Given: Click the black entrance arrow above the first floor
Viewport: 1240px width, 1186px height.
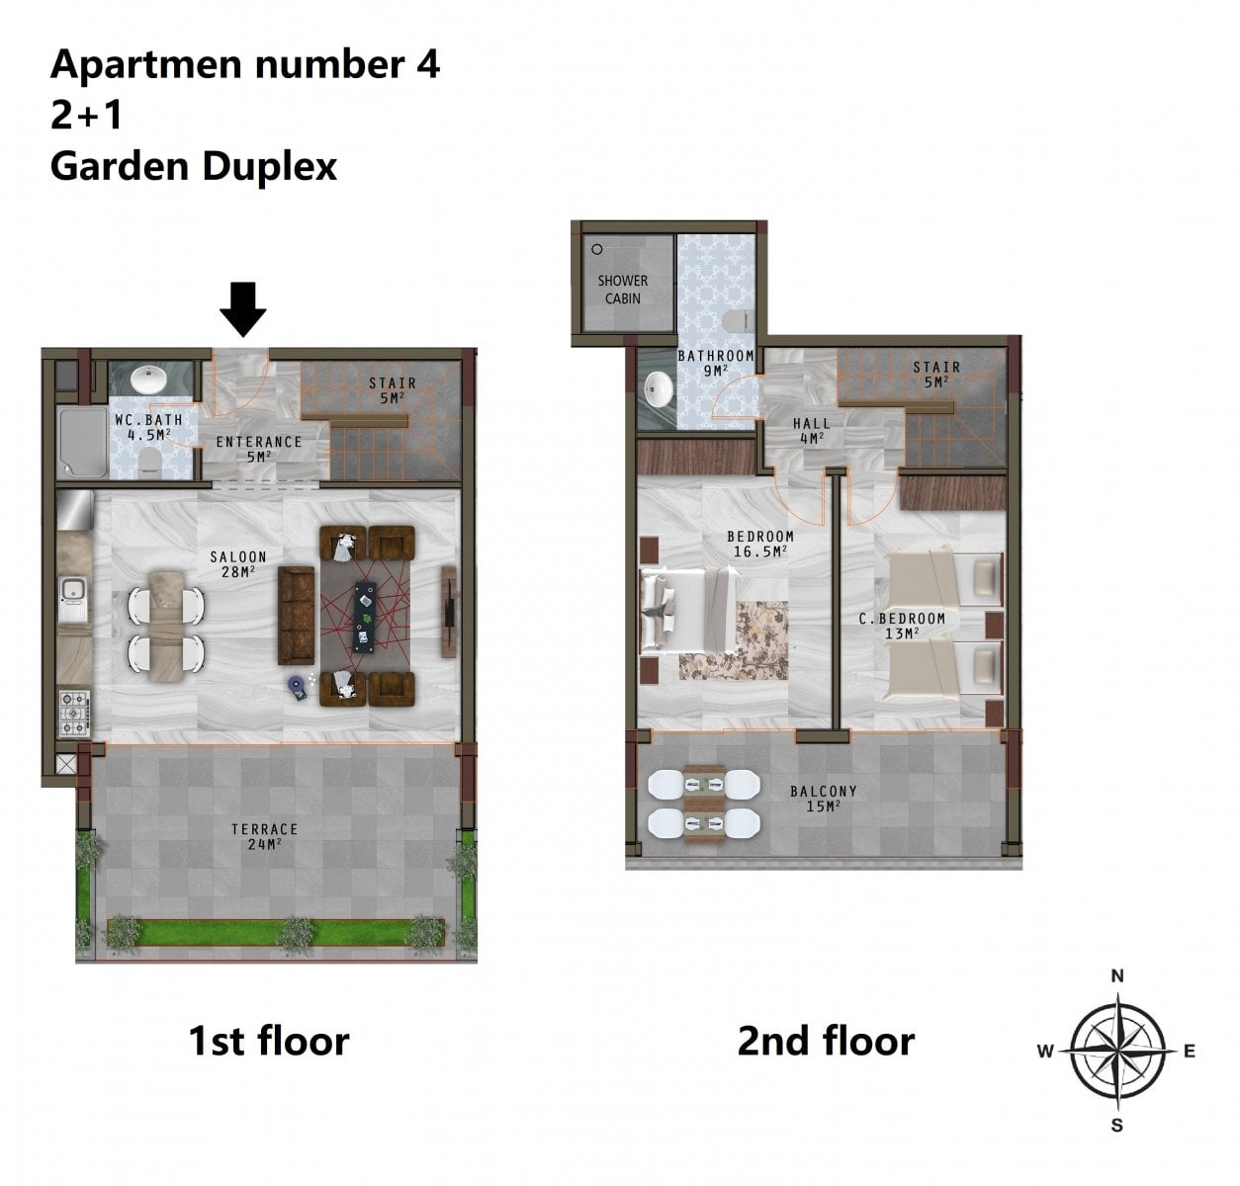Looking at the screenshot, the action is pos(243,309).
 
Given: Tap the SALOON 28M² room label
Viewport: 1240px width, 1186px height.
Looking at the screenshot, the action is pos(238,564).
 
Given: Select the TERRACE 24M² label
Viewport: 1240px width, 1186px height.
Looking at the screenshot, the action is pos(264,836).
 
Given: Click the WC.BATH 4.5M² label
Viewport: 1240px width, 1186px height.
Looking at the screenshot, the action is pos(148,427).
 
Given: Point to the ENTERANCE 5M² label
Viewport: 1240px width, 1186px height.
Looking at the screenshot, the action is pos(259,449).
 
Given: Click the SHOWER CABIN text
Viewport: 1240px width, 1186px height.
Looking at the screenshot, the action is pos(623,290).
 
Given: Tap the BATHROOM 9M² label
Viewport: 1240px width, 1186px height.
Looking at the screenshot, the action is pos(716,363).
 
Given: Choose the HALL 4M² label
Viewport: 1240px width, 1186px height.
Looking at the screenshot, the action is pos(812,431).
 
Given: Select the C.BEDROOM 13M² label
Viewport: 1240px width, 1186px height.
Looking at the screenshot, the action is pos(902,626).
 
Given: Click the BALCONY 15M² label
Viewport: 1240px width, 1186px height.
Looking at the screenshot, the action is pos(824,799).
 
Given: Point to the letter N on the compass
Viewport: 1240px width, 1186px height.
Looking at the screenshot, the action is pos(1117,975).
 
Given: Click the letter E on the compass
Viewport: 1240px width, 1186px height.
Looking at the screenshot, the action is pos(1189,1052).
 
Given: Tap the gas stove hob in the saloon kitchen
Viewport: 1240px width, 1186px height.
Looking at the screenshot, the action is pos(74,714).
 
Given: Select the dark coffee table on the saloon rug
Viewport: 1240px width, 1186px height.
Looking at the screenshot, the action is pos(365,617).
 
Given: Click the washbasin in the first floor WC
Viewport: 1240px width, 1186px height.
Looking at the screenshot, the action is pos(149,380).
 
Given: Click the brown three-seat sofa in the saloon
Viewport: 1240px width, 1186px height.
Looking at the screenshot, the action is pos(297,616).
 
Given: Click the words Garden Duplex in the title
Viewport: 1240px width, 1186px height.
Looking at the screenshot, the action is pos(193,167).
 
